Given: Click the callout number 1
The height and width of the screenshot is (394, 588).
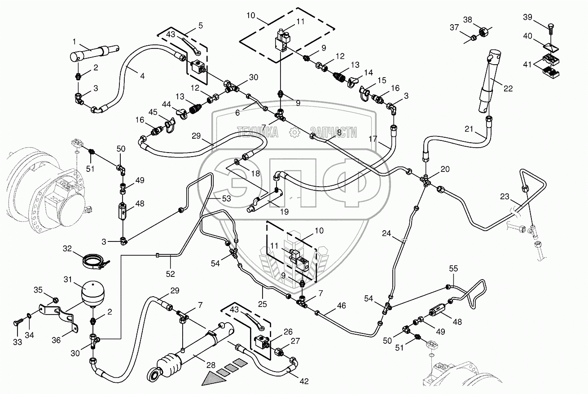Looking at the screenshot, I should pos(75,42).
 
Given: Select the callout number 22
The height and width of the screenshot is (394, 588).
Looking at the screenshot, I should pos(508,89).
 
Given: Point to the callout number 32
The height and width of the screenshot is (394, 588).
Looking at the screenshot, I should pos(67,248).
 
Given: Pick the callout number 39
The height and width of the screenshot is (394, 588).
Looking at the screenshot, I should pos(528,17).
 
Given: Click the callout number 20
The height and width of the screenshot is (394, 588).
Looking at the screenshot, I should pos(444,169).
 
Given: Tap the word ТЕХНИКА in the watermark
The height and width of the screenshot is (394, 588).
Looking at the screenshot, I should pos(257,132).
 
